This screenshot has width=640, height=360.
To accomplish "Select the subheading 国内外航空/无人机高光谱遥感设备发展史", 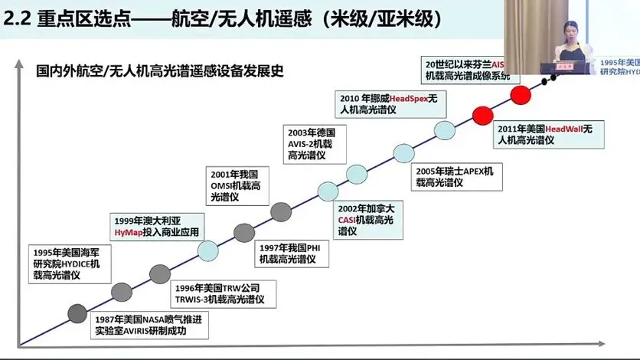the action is [161, 72].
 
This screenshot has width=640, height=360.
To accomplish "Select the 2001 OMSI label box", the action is [238, 185].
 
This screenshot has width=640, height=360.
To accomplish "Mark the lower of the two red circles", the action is [482, 116].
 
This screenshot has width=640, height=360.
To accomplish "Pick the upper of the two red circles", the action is [521, 96].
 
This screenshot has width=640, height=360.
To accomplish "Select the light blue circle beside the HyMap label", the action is [208, 250].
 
